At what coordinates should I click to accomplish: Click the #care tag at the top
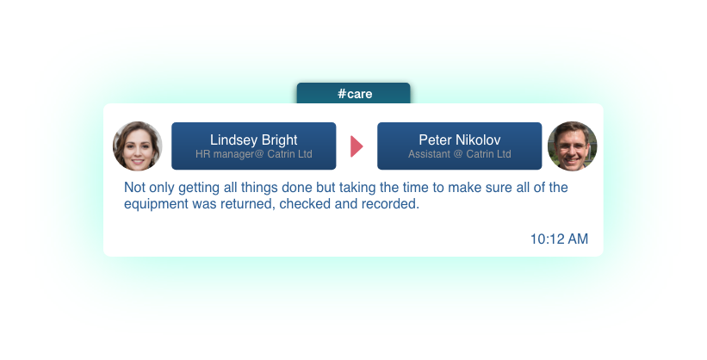coord(354,93)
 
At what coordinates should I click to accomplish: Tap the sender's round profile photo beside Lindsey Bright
coord(137,146)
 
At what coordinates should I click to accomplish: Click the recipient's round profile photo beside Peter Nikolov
coord(572,146)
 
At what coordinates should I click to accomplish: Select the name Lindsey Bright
coord(253,140)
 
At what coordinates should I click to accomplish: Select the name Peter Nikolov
coord(460,140)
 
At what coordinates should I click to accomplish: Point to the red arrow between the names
coord(357,146)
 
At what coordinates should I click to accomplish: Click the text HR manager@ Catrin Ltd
coord(253,154)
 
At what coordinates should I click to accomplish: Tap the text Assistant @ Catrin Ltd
coord(460,154)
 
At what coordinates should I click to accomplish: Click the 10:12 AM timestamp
coord(559,239)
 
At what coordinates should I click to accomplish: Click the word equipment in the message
coord(157,204)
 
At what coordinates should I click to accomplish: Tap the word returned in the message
coord(247,204)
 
